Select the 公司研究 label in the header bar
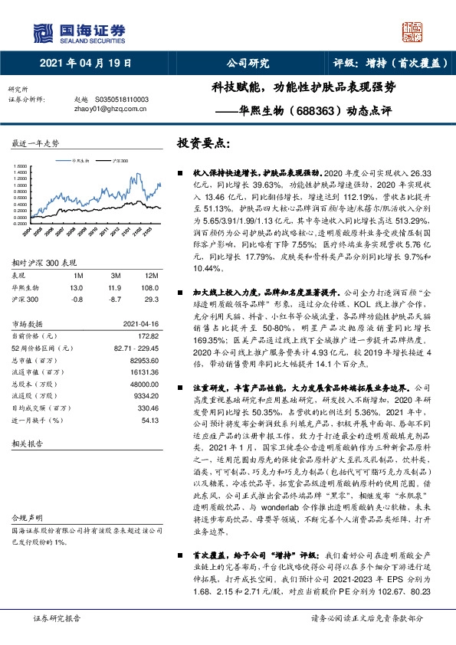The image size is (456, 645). click(x=248, y=64)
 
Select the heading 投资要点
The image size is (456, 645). click(x=203, y=143)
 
